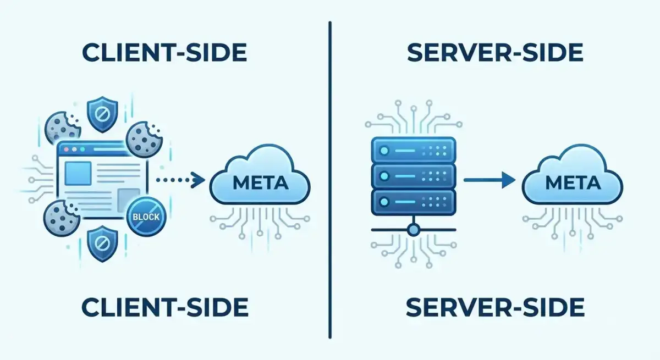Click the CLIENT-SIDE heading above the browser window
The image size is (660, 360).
[x=164, y=53]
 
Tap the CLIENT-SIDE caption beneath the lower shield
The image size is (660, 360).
[x=164, y=307]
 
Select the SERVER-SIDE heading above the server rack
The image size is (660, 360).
[x=495, y=53]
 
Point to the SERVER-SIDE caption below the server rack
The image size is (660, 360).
[x=495, y=307]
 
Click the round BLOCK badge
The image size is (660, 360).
[x=146, y=217]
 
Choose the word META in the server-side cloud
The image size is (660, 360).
[x=573, y=182]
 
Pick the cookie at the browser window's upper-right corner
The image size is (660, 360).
[x=144, y=139]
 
